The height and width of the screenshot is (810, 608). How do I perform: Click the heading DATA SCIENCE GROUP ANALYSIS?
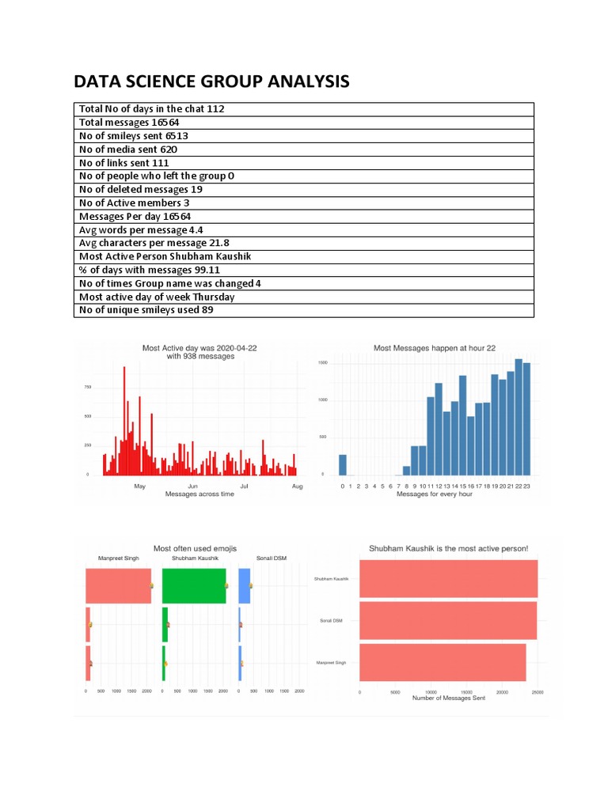coord(211,82)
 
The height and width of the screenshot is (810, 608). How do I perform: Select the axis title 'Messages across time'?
coord(199,494)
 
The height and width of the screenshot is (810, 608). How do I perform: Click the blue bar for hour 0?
coord(343,464)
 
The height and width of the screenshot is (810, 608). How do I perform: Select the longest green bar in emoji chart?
coord(194,586)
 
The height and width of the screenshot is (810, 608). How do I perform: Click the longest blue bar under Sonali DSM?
coord(245,586)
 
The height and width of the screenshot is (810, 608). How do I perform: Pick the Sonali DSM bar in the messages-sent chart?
coord(447,620)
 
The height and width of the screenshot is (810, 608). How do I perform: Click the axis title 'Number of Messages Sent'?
coord(448,698)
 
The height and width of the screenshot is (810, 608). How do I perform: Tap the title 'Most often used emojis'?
coord(195,548)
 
